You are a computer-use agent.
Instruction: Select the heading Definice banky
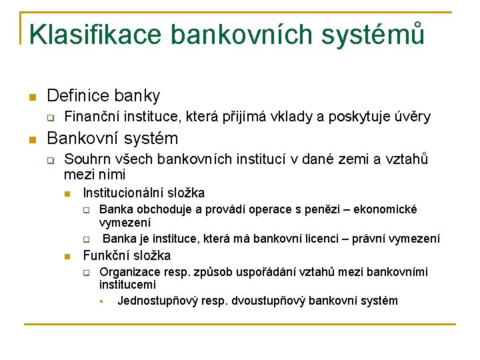[x=103, y=96]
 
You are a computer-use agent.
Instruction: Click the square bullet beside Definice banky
[x=31, y=97]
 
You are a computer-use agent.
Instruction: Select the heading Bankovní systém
[x=113, y=139]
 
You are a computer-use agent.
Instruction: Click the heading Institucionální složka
[x=143, y=193]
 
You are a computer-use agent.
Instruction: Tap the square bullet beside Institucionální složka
[x=67, y=194]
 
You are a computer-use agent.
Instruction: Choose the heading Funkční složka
[x=126, y=255]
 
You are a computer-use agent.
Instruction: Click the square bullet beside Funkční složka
[x=67, y=257]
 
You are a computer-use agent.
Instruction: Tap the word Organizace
[x=131, y=272]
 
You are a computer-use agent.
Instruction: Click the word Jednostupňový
[x=157, y=301]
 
